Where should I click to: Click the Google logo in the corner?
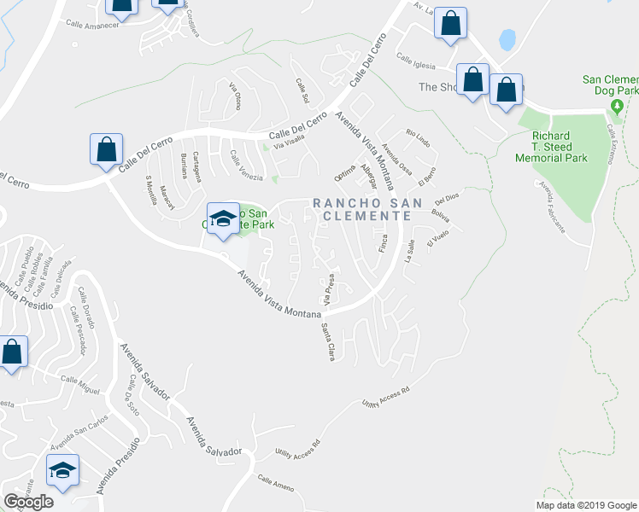pyautogui.click(x=28, y=502)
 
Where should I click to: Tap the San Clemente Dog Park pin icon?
pyautogui.click(x=617, y=106)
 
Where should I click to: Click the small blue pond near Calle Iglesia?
pyautogui.click(x=507, y=39)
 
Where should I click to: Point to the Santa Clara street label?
pyautogui.click(x=327, y=341)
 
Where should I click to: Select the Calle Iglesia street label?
pyautogui.click(x=415, y=58)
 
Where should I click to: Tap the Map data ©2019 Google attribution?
pyautogui.click(x=586, y=504)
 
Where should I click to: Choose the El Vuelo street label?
pyautogui.click(x=437, y=241)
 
